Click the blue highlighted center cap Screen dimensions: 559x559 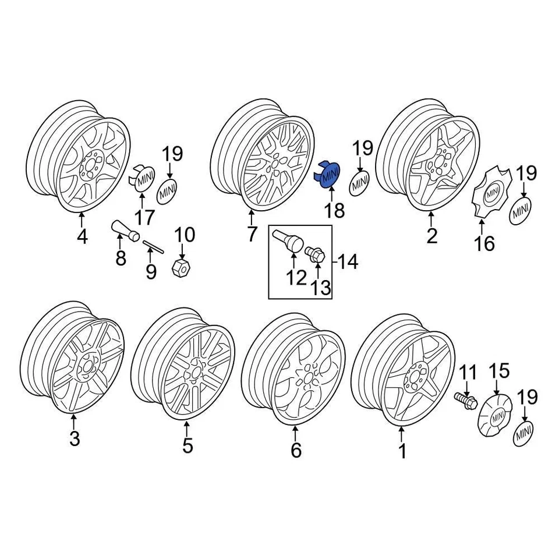[329, 174]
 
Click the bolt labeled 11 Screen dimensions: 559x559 [465, 400]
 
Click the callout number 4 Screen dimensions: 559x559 [82, 238]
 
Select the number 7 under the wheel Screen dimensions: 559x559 [252, 235]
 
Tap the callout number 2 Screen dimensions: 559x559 [431, 236]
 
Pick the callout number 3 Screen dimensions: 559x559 [75, 439]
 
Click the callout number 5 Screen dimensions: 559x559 [187, 446]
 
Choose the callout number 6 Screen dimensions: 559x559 [296, 450]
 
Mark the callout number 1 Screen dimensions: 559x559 [402, 451]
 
